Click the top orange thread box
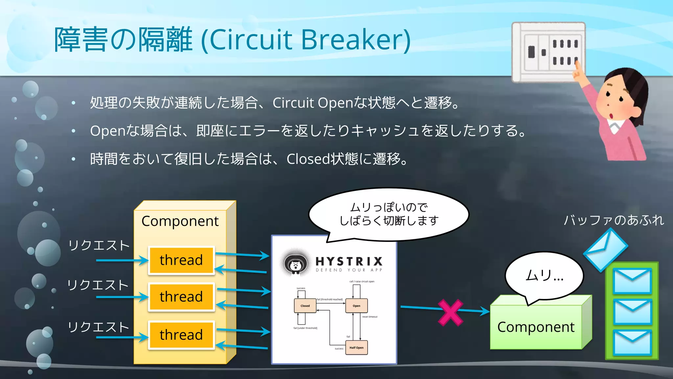[x=181, y=260]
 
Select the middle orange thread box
[x=181, y=297]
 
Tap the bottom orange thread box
[x=181, y=335]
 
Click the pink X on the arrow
[x=451, y=312]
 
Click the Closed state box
[x=305, y=306]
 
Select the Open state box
[x=357, y=306]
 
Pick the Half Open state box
[x=357, y=347]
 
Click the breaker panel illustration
[x=548, y=52]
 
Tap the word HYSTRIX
[x=349, y=262]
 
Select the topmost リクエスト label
[x=99, y=245]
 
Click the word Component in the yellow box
[x=180, y=221]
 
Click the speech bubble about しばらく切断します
[x=388, y=214]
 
